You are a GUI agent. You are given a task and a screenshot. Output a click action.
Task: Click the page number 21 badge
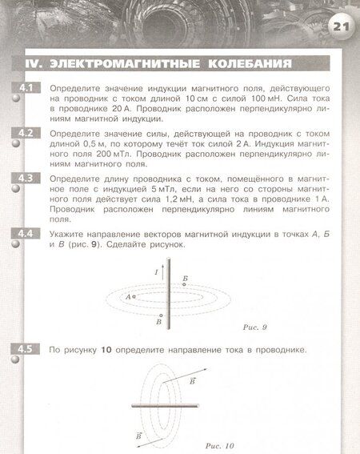coord(341,27)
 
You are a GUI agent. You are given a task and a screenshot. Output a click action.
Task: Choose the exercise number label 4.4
coord(22,234)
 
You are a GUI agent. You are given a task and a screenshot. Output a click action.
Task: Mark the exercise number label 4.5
coord(22,350)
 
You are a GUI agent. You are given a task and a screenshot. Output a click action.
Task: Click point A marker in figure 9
coord(134,296)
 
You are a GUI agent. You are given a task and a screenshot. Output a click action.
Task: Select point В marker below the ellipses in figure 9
coord(161,316)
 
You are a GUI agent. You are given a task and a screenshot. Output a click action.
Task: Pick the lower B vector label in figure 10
coord(139,436)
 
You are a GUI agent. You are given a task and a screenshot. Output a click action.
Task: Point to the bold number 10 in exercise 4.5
coord(106,351)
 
